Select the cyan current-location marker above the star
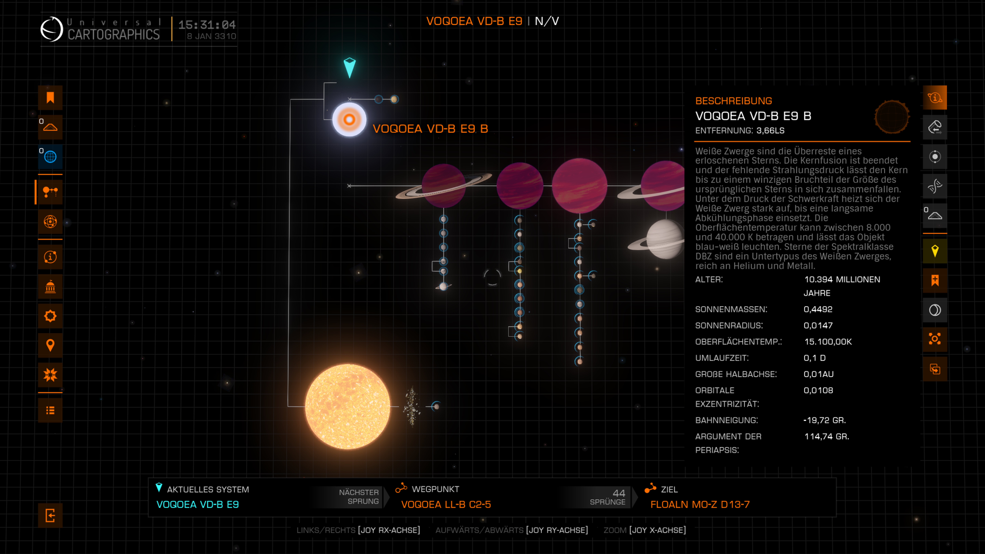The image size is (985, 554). coord(349,67)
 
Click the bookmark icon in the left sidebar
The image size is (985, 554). coord(50,98)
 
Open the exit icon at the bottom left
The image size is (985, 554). coord(50,515)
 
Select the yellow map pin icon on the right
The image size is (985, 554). coord(935,251)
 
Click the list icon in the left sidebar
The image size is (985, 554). coord(50,410)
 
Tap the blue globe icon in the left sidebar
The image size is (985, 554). coord(50,157)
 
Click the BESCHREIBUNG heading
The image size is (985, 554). coord(733,101)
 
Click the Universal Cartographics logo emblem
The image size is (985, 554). coord(52,29)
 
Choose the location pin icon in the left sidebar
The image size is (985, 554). coord(50,345)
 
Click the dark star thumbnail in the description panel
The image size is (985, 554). coord(892,117)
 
